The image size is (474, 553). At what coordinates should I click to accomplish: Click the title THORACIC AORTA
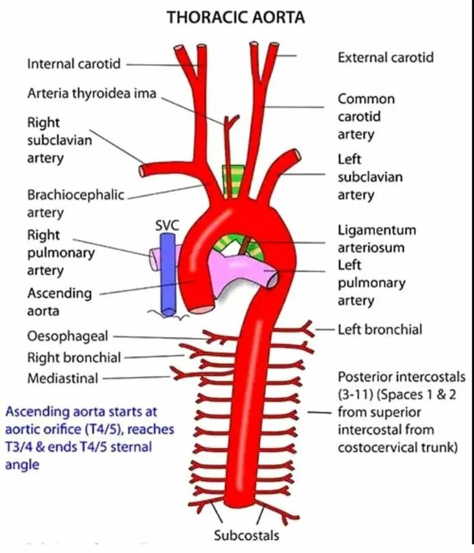coord(236,17)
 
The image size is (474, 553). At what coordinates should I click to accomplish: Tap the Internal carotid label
coord(73,64)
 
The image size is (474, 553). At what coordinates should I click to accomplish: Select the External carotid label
coord(385,57)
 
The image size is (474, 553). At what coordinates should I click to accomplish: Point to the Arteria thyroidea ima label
coord(91,93)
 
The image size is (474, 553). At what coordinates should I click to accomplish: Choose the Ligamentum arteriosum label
coord(377,239)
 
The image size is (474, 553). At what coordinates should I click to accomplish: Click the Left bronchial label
coord(380,330)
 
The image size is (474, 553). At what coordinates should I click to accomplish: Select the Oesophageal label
coord(68,336)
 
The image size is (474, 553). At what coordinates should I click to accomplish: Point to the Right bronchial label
coord(74,357)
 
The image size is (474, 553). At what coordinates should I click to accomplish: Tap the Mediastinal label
coord(62,379)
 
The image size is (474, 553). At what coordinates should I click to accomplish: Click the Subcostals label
coord(247,535)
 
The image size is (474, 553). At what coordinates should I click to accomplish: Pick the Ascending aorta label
coord(59,302)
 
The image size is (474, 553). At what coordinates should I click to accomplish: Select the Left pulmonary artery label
coord(372,283)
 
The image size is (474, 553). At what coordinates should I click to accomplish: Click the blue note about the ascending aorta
coord(81,437)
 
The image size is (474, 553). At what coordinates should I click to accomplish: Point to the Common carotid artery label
coord(366,117)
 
